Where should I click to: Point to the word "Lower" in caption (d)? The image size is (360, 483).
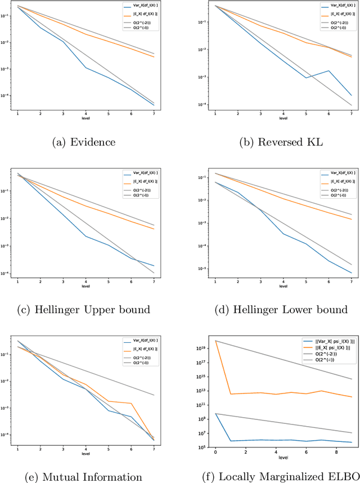tap(298, 310)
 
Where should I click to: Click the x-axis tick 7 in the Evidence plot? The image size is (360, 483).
tap(154, 113)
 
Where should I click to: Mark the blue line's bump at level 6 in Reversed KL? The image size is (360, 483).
tap(328, 71)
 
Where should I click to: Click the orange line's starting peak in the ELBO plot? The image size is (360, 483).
tap(215, 341)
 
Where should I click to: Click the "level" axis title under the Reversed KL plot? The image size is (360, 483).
tap(283, 118)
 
